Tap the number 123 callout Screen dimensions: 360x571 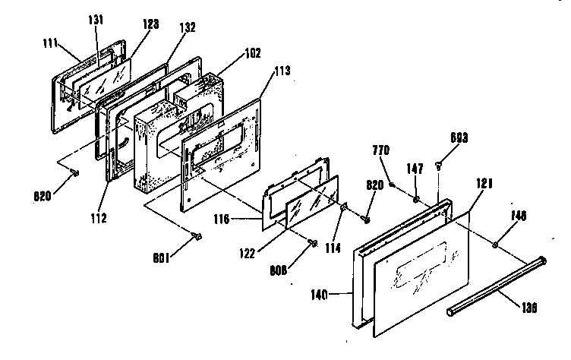(x=150, y=24)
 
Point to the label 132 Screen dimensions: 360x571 (x=188, y=27)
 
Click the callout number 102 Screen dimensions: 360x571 (x=253, y=53)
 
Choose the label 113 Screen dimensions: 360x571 (x=282, y=73)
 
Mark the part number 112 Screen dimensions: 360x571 (x=96, y=218)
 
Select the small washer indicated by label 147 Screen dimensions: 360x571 (x=416, y=199)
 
